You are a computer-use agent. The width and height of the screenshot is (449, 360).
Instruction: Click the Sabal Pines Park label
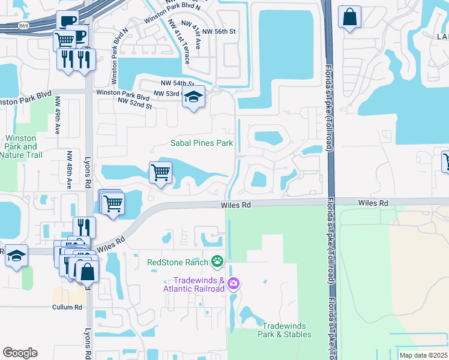[201, 143]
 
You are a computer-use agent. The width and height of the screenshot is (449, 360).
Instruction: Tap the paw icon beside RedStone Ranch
[217, 262]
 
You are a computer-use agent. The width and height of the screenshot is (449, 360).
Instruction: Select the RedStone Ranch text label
[178, 262]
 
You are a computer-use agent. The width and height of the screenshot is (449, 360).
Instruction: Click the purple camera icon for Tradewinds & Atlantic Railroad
[234, 283]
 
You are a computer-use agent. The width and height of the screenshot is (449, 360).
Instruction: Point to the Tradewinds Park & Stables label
[285, 330]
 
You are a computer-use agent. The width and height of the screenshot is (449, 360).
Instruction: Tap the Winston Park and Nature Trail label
[21, 146]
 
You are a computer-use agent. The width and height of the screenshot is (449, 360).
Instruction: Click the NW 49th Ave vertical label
[58, 115]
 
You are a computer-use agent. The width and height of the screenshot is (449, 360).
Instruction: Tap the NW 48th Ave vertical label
[69, 169]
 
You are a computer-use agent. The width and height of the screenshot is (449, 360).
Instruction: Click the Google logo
[20, 352]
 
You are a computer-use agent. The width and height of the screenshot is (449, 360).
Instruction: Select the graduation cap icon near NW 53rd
[193, 97]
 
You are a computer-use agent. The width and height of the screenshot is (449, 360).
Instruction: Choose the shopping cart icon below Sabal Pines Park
[160, 173]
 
